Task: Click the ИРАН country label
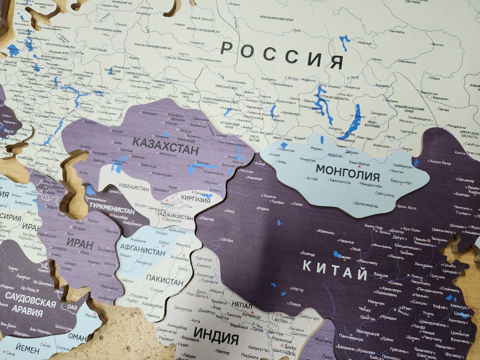pyautogui.click(x=80, y=244)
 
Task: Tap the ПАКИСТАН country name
pyautogui.click(x=165, y=280)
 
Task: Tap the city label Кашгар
pyautogui.click(x=208, y=219)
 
